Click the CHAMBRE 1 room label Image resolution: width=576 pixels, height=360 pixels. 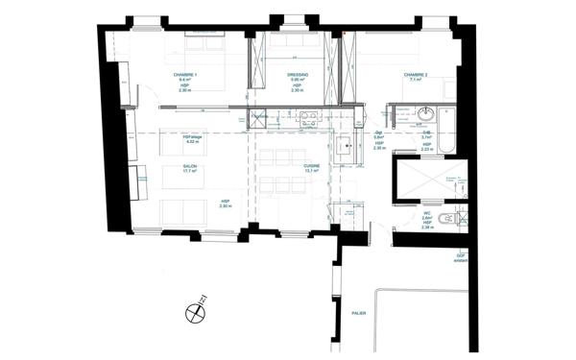tap(184, 74)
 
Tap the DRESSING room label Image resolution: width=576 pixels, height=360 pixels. tap(297, 74)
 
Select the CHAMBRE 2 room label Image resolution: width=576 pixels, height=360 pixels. tap(415, 74)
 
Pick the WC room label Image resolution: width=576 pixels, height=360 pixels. tap(426, 213)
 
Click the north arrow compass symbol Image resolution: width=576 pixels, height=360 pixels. tap(197, 310)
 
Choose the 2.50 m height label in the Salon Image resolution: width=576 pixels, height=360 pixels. tap(226, 205)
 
